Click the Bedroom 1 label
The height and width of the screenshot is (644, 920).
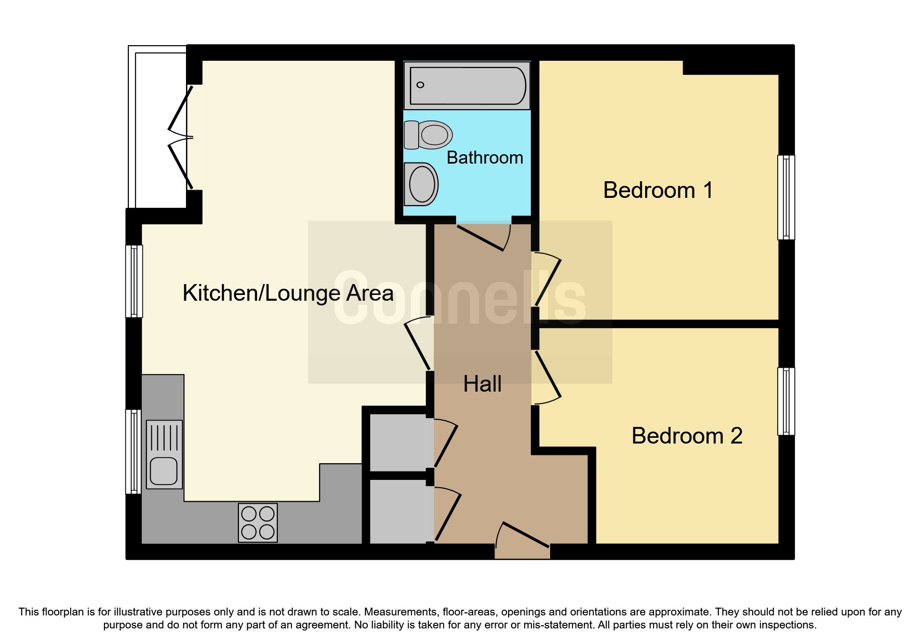pos(658,190)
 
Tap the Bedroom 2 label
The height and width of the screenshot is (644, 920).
pos(687,436)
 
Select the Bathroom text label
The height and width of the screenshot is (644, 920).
pos(485,157)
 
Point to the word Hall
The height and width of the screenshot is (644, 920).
pos(482,384)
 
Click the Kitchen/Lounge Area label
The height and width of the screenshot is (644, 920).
pos(288,293)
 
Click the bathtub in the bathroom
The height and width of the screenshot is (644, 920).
pos(468,86)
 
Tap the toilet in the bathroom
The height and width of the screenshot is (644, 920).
pos(429,135)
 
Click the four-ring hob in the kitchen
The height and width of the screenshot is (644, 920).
pos(258,522)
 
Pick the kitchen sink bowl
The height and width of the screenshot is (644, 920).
pos(164,471)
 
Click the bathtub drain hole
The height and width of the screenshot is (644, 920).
pos(420,85)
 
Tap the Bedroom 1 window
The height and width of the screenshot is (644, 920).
pos(786,197)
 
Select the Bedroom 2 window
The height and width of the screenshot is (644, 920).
pos(786,401)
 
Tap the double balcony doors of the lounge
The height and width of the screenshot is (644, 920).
pos(180,138)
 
